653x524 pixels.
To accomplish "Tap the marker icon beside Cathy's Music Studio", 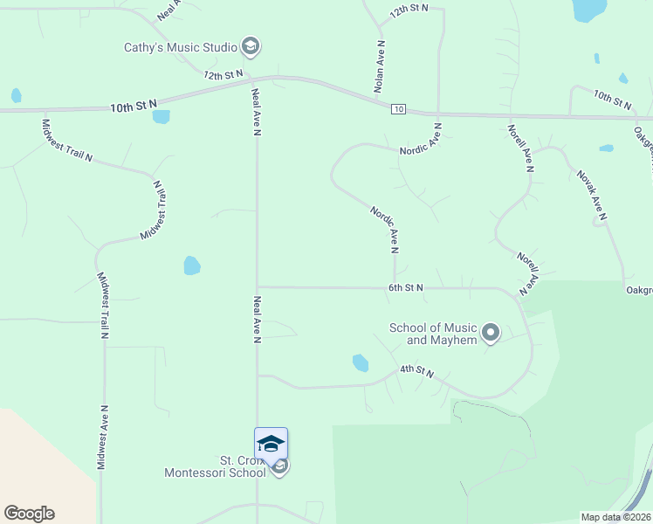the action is point(251,46).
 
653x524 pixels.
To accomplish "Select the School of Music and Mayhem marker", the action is point(491,333).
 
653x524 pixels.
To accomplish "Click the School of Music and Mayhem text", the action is point(433,334).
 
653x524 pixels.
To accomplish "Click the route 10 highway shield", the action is point(398,108).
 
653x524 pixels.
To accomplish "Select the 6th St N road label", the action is point(406,287).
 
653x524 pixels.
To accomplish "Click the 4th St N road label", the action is point(417,371).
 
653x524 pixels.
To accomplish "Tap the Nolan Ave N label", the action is point(380,66).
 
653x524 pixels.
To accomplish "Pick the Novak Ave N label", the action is point(591,194).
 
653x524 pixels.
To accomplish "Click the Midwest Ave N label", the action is point(103,438).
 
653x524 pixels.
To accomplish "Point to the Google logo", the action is point(29,514).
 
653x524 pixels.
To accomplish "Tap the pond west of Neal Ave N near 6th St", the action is point(192,265).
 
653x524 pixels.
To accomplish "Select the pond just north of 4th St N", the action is point(360,362).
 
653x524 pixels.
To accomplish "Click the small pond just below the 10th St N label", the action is point(161,116).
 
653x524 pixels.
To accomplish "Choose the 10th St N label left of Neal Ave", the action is point(133,106).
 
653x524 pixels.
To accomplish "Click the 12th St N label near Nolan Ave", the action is point(409,10).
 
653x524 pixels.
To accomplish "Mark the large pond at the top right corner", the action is point(589,9).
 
